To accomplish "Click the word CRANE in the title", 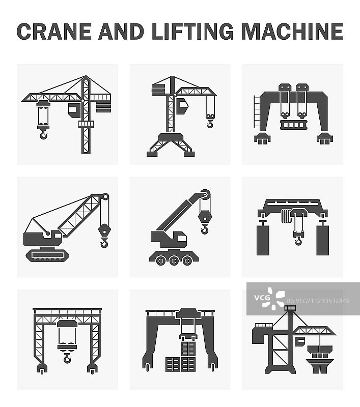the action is point(54,32).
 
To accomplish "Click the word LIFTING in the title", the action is point(192,32).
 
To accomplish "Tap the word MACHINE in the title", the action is point(292,32).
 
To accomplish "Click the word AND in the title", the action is point(121,32).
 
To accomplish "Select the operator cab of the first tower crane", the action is point(74,110).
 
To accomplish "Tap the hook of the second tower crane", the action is point(210,124).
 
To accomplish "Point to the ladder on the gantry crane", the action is point(257,111).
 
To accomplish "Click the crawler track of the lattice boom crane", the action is point(47,255).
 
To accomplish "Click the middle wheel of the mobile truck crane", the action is point(174,260).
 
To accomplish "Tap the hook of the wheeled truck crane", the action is point(205,229).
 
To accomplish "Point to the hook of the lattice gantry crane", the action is point(67,359).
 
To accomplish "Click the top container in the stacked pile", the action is point(188,349).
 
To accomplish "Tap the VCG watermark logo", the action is point(269,299).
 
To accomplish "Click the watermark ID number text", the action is point(318,301).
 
